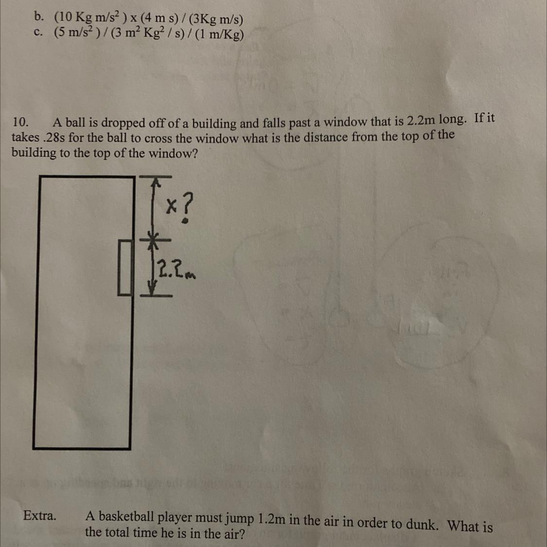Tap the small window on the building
pyautogui.click(x=125, y=267)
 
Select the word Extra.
pyautogui.click(x=40, y=515)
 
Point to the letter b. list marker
pyautogui.click(x=39, y=16)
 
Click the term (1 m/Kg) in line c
pyautogui.click(x=219, y=35)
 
